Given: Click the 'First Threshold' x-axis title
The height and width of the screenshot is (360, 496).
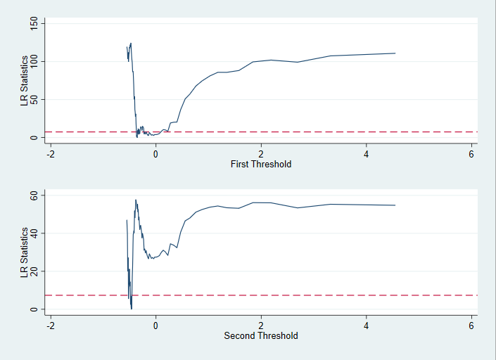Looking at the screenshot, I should click(260, 165).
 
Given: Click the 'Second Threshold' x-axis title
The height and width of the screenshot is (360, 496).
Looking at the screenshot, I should click(260, 336).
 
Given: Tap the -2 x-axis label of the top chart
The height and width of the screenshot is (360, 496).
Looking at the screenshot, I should click(51, 154).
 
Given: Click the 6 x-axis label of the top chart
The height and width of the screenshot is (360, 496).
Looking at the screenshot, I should click(471, 154).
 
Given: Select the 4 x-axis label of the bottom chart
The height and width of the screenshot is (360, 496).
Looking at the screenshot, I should click(367, 326).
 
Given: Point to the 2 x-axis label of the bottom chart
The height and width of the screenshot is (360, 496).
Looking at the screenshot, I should click(261, 326).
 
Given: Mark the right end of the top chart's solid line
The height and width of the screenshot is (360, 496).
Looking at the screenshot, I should click(395, 53).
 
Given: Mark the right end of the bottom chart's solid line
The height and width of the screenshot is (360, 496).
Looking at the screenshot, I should click(395, 205).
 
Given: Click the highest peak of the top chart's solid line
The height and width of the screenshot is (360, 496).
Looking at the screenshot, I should click(131, 44).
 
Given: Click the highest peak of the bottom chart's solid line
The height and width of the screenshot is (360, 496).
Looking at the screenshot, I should click(136, 200).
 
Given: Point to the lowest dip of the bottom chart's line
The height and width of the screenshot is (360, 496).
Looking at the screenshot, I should click(131, 309).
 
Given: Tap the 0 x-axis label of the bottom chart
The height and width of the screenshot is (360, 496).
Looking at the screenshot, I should click(156, 326).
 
